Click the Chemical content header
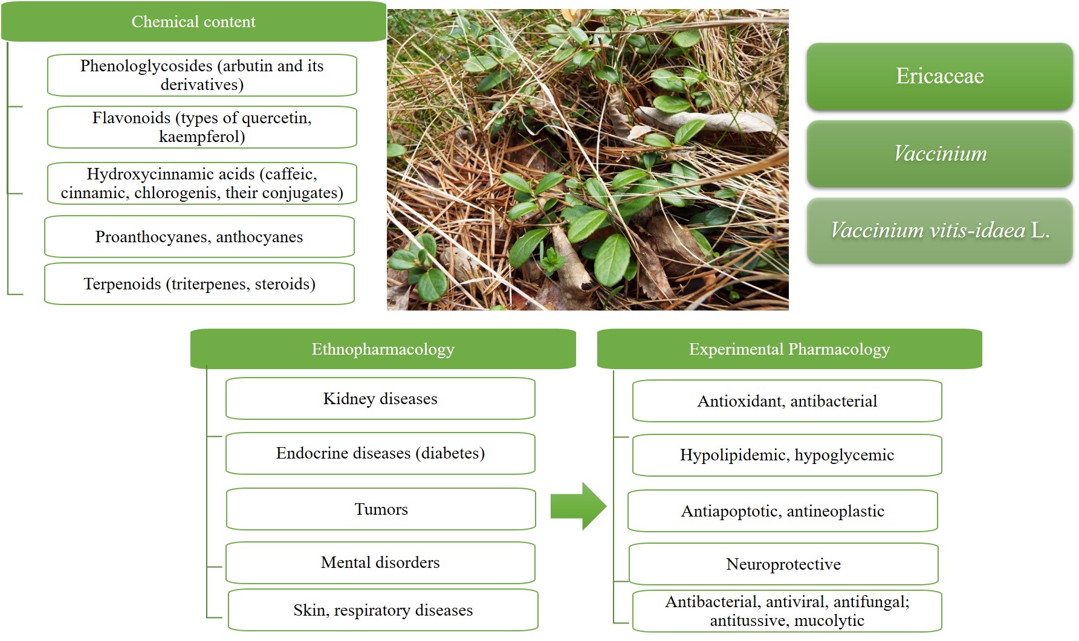[193, 22]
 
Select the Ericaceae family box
[939, 76]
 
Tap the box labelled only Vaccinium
[939, 153]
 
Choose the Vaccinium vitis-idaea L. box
[939, 230]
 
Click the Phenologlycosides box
[202, 75]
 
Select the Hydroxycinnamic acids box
[202, 183]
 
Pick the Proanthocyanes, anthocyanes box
[199, 237]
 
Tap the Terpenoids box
[199, 284]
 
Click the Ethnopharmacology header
[383, 349]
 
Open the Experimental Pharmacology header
[789, 349]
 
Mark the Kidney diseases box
[380, 399]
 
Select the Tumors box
[381, 509]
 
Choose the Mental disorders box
[380, 562]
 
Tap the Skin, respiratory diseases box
[383, 610]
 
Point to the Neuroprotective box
[783, 564]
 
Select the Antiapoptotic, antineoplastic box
[782, 511]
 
